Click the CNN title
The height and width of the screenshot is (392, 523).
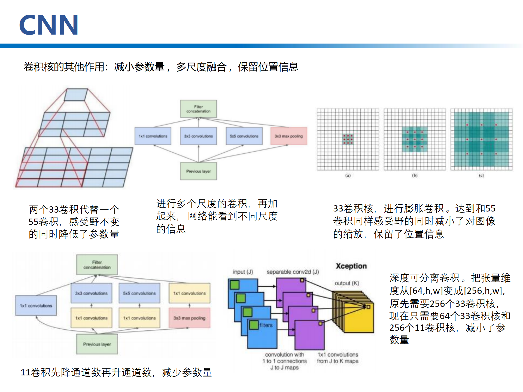(49, 25)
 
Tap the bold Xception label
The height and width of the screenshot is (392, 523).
(351, 266)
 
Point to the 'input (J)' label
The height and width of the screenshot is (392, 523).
(243, 272)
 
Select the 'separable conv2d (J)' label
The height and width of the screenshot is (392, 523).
(293, 272)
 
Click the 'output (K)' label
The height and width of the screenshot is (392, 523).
(347, 283)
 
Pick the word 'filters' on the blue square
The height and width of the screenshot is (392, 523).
(266, 325)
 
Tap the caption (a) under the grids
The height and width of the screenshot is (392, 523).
(348, 176)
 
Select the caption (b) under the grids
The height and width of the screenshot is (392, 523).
(415, 176)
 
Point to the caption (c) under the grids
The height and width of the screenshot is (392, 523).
(481, 176)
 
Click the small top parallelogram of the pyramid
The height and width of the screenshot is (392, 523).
(76, 95)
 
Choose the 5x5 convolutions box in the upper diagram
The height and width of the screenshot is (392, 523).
(244, 136)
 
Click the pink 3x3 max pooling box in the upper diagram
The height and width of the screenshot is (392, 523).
(289, 136)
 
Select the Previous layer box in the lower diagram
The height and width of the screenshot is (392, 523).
(97, 344)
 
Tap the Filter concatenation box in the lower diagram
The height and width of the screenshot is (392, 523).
(97, 265)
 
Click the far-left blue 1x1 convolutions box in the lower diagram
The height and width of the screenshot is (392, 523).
(36, 305)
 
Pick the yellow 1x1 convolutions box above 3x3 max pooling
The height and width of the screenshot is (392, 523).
(190, 293)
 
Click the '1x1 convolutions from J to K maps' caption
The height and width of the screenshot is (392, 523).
(338, 358)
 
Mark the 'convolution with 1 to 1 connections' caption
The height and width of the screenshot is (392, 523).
(285, 358)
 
